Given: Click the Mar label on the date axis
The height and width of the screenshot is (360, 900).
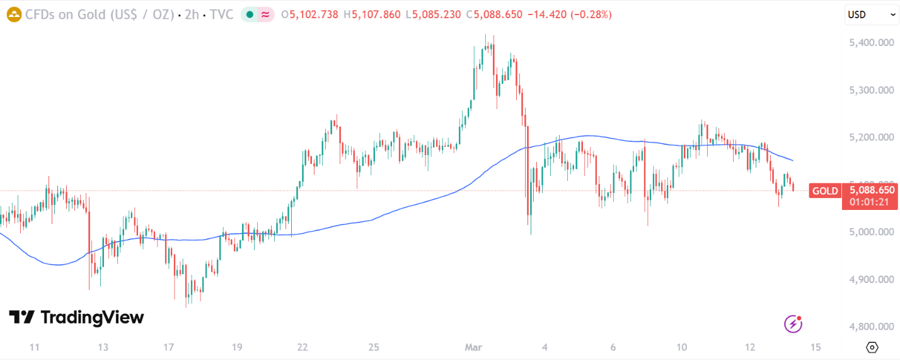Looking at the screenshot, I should [x=473, y=347].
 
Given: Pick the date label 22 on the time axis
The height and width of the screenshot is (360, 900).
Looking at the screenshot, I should [x=303, y=347].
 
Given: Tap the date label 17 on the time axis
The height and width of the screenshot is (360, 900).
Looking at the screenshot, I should [x=168, y=347].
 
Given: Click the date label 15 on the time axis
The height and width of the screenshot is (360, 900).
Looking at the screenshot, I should [x=816, y=347].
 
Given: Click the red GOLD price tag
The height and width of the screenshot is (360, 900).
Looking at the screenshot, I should [x=825, y=191].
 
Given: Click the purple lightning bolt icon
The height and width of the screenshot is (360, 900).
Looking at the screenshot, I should [x=793, y=324].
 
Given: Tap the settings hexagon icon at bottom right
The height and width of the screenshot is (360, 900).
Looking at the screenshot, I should [x=872, y=347].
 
